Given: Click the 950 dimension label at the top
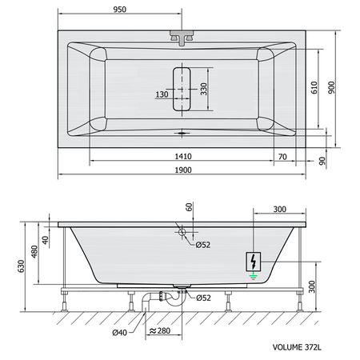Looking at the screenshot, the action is [x=120, y=10].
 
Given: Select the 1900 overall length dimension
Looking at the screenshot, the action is [x=183, y=170].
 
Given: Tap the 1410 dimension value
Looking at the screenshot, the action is [x=183, y=156].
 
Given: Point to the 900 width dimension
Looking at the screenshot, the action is [x=331, y=87].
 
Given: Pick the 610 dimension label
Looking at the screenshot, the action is [x=314, y=87].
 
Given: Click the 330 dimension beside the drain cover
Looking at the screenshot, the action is [x=204, y=89].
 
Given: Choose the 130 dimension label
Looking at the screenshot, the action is [x=162, y=94].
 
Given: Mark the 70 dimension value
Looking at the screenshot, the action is [x=282, y=157].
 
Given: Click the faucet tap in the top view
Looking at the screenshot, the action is [x=182, y=38].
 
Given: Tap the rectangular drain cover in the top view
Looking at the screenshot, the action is [x=182, y=89].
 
